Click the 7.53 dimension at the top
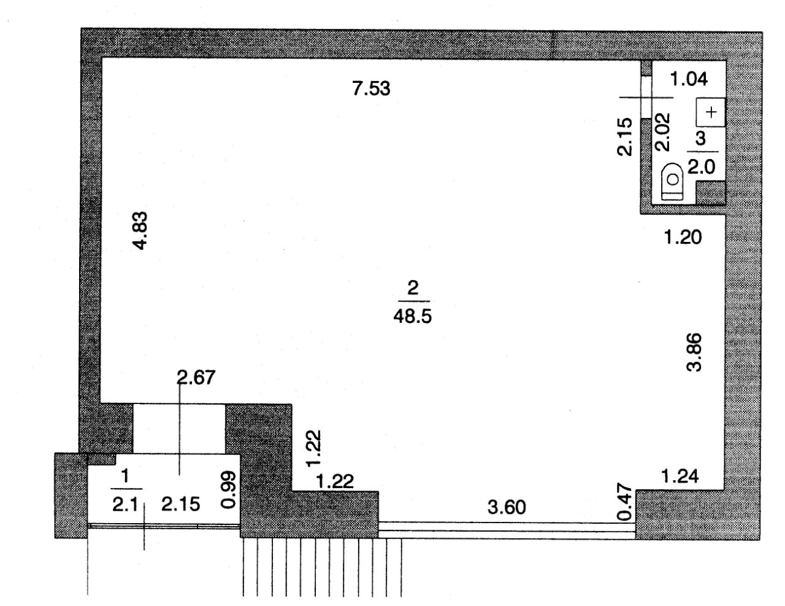[371, 88]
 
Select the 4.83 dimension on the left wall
[140, 230]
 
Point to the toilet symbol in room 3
[673, 182]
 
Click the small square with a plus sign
[711, 112]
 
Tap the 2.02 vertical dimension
[663, 131]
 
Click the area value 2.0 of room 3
[702, 168]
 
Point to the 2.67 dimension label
[196, 378]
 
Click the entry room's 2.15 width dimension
[180, 505]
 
